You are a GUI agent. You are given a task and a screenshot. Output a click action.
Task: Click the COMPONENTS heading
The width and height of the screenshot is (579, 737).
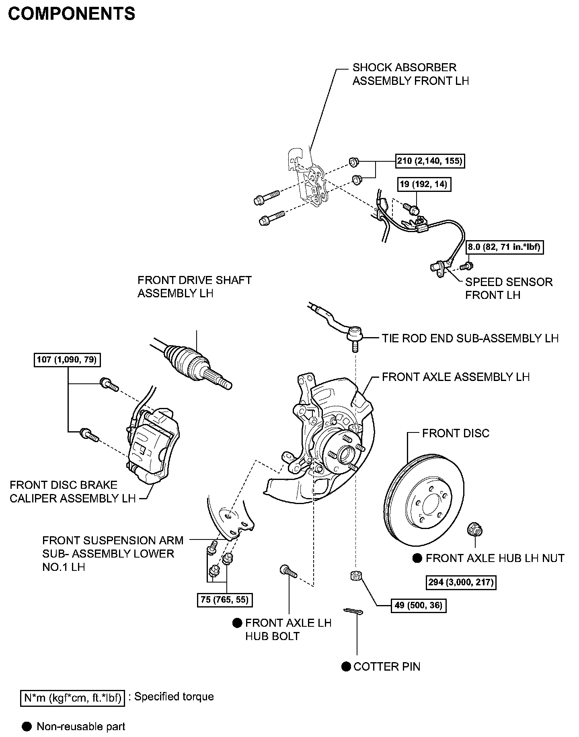72,14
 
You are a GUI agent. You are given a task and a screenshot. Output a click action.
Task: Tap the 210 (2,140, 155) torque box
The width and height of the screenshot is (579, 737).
429,161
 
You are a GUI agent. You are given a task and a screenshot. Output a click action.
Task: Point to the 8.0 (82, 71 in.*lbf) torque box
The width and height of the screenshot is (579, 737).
504,247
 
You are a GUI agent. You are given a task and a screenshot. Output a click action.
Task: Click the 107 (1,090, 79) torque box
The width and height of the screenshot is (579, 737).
67,359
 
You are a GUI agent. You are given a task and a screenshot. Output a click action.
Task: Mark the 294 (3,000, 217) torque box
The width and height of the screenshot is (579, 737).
461,582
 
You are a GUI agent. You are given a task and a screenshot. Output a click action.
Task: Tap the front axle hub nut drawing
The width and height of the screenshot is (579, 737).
475,529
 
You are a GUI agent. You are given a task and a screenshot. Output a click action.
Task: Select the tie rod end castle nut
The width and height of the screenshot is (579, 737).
355,576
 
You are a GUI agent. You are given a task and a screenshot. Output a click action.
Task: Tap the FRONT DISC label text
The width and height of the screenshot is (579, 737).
456,433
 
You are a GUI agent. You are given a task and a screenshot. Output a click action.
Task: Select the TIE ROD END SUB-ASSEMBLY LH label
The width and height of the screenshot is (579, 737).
470,338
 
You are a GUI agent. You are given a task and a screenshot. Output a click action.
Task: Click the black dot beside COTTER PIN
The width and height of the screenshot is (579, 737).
346,667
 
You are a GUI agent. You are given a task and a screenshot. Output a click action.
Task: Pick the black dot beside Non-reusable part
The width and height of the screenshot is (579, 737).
27,727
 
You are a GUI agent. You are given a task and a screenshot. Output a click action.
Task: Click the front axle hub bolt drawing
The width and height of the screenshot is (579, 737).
287,571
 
